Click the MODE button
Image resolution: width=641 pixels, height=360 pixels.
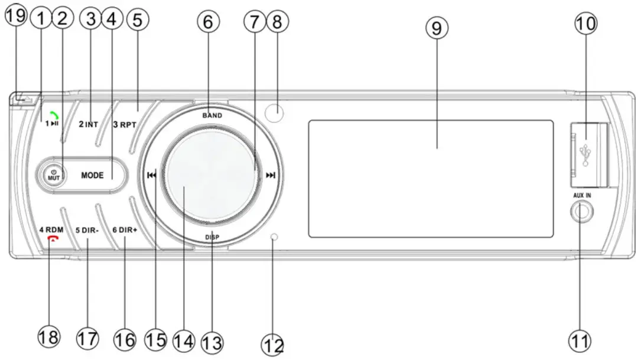click(x=93, y=176)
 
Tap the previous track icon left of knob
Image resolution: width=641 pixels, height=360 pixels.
click(x=152, y=175)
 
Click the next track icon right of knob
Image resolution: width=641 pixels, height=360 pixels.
click(x=271, y=175)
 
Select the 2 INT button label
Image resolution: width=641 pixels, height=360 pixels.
click(x=89, y=125)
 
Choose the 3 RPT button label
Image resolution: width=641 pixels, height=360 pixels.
click(x=124, y=125)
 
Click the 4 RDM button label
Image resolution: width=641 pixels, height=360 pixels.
click(x=51, y=229)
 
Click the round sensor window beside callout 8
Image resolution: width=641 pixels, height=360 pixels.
click(x=273, y=112)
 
